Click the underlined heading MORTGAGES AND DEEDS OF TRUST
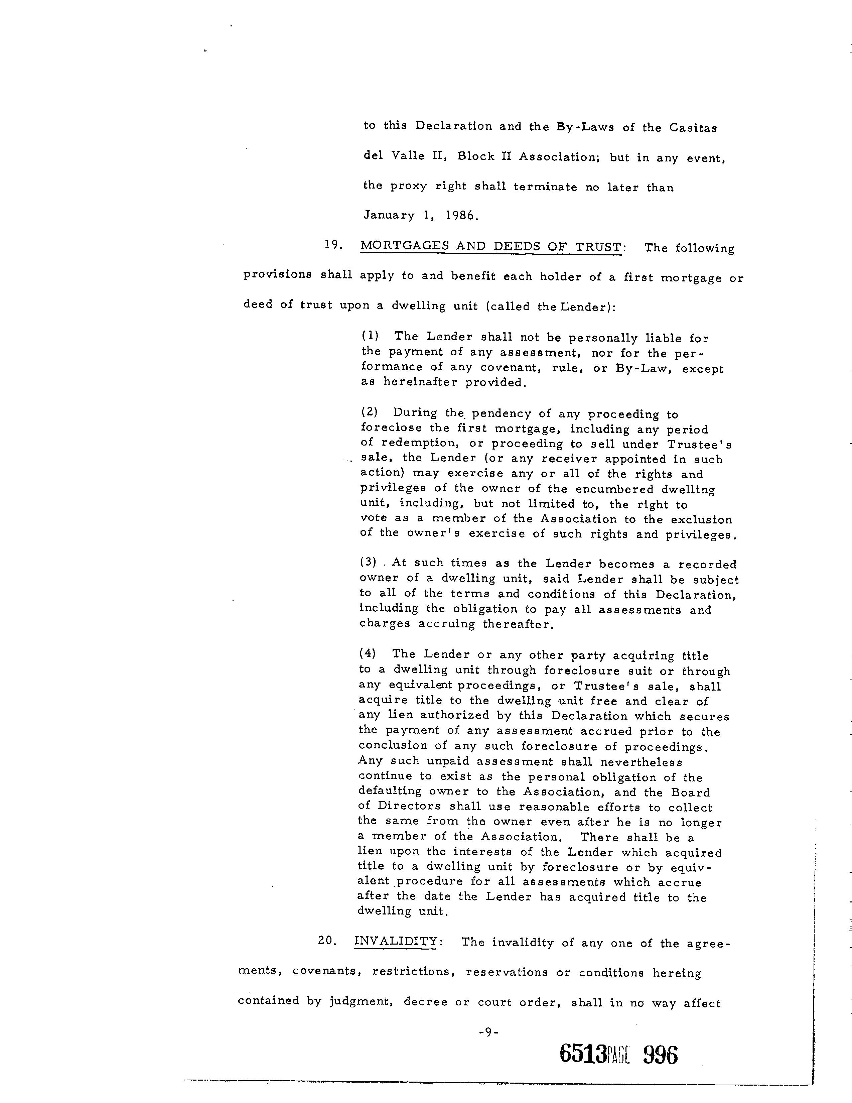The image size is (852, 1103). click(x=490, y=247)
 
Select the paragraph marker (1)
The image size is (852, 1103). click(x=370, y=336)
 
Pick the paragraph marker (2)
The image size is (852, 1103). click(x=370, y=412)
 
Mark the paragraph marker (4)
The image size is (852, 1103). click(x=368, y=653)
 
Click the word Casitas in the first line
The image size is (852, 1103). click(x=693, y=128)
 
